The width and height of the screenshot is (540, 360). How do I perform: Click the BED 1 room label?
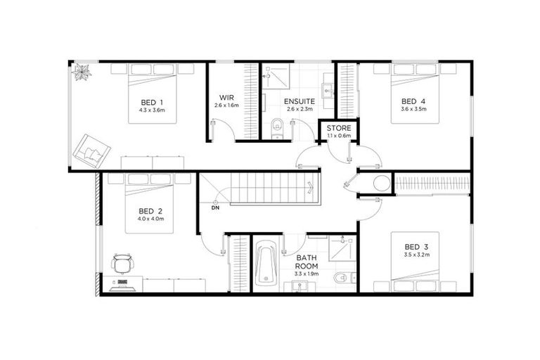tap(151, 102)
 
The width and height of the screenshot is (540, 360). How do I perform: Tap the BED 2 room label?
tap(150, 211)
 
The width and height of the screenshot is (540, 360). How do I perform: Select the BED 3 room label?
tap(416, 246)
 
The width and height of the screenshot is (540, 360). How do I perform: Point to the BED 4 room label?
tap(413, 101)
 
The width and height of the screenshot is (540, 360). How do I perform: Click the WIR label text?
tap(226, 98)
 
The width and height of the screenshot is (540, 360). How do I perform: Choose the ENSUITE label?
tap(299, 101)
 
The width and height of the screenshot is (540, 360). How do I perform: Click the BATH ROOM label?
tap(307, 262)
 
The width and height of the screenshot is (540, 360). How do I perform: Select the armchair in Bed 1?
tap(93, 148)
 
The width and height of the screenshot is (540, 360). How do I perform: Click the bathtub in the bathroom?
tap(266, 263)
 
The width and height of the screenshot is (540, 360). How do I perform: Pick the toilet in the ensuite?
tap(277, 127)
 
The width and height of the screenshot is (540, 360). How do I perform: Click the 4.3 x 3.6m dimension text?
tap(151, 110)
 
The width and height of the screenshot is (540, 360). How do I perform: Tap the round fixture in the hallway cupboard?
tap(380, 185)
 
